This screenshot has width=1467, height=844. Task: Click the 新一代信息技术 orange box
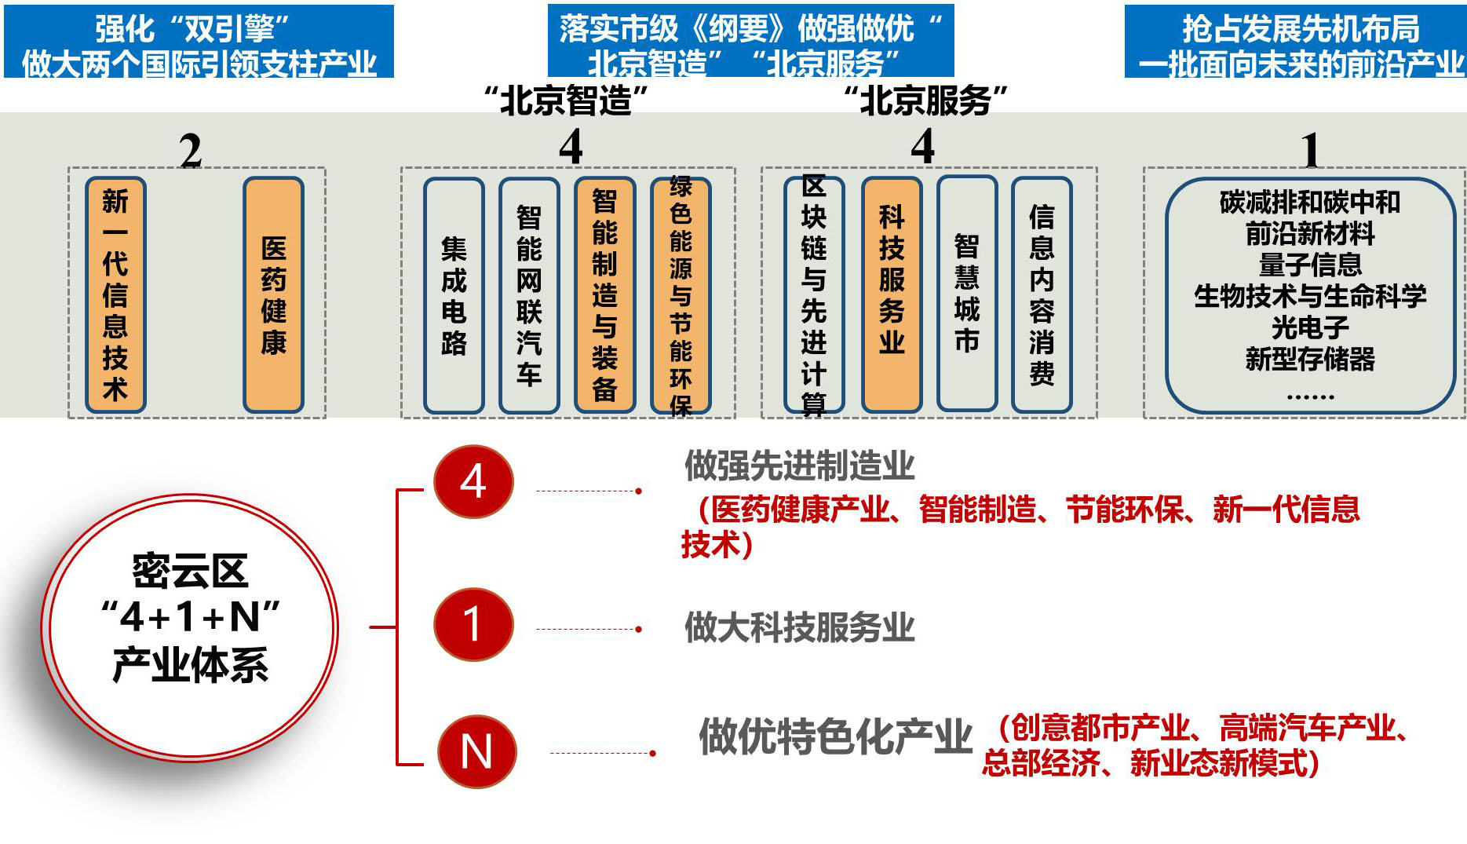click(115, 295)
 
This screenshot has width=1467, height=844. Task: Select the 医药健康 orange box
click(273, 295)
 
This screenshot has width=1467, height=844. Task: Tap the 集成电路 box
click(454, 295)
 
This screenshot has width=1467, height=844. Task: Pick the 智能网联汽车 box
click(529, 295)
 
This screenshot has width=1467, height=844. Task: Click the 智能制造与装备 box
click(604, 295)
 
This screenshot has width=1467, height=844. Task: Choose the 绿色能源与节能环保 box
click(681, 295)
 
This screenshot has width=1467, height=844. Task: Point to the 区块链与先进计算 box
click(814, 295)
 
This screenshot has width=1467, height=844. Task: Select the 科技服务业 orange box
click(892, 295)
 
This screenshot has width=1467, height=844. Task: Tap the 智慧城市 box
click(967, 294)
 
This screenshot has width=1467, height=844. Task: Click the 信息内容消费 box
click(1042, 295)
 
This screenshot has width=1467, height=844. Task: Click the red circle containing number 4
click(473, 481)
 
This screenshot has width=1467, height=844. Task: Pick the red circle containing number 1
click(473, 625)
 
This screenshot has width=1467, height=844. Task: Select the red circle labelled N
click(476, 751)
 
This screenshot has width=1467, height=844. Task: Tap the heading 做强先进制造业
click(799, 466)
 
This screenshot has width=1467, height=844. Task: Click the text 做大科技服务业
click(799, 627)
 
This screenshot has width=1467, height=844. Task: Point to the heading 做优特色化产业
click(835, 736)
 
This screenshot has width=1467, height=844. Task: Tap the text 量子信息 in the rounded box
click(1310, 265)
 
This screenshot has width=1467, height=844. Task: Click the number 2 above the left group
click(191, 151)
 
